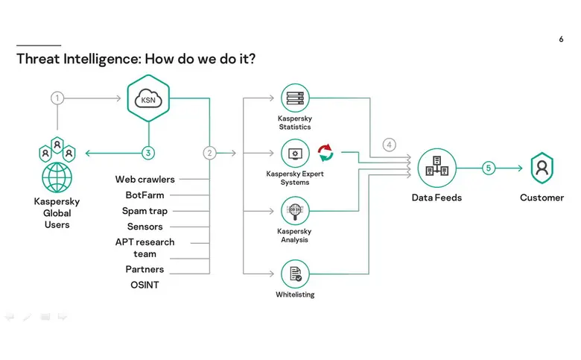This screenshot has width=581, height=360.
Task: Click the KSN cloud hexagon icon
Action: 148,98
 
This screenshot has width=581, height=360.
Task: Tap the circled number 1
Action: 57,98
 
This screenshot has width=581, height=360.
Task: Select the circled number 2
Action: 209,153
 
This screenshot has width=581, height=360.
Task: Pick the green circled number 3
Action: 148,153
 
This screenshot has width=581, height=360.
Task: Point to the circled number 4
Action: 390,145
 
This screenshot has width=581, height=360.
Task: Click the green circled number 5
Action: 489,168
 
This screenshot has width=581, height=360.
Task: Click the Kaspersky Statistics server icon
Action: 295,98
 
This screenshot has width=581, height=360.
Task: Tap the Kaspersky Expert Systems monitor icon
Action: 295,154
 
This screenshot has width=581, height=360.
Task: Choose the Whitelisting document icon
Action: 295,273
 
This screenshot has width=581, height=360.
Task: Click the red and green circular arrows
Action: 326,153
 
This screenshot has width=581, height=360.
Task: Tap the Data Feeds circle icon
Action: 436,168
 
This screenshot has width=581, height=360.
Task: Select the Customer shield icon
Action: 542,168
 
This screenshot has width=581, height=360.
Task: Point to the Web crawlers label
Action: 145,180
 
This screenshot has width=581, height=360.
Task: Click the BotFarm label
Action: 145,195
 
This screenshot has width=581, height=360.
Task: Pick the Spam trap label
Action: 145,211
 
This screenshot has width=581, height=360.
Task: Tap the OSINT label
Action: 145,285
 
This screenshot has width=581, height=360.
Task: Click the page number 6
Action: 561,40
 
